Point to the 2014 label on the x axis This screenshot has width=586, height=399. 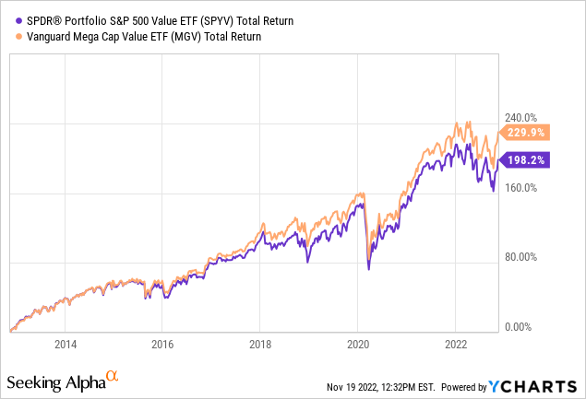click(65, 345)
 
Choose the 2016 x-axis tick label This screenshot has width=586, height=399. click(162, 345)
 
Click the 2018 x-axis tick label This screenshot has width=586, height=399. click(260, 345)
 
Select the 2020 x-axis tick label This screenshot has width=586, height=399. click(358, 345)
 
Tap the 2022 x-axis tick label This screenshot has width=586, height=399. click(456, 345)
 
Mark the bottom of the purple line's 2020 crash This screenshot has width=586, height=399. click(369, 268)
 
